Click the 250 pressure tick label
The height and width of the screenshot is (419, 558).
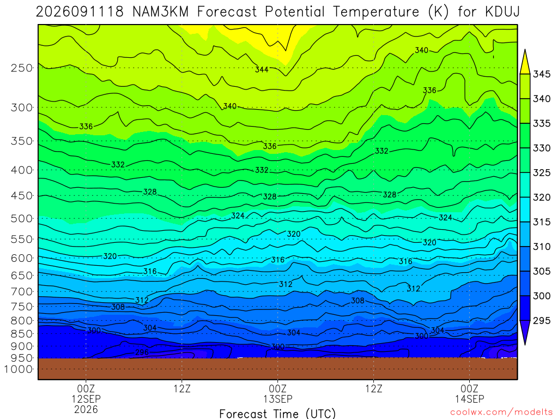click(x=22, y=68)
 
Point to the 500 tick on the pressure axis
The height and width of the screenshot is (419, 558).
click(x=22, y=218)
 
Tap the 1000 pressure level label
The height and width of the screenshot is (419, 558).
click(x=19, y=369)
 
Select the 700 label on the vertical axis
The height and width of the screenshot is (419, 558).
click(x=22, y=291)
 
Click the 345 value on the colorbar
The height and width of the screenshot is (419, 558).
click(x=541, y=74)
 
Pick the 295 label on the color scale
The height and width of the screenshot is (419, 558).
click(x=541, y=320)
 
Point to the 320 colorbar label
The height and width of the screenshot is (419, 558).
click(x=541, y=197)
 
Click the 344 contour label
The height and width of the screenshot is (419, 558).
click(x=262, y=69)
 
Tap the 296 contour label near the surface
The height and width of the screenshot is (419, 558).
click(x=142, y=352)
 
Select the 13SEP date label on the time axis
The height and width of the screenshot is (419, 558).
click(x=277, y=399)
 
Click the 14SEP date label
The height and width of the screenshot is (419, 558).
click(x=469, y=399)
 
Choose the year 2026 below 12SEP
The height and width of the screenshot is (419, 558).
click(x=86, y=409)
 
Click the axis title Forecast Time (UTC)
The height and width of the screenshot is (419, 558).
click(x=277, y=414)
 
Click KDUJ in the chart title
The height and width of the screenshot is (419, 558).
click(x=502, y=12)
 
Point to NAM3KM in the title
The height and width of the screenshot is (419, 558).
click(x=160, y=12)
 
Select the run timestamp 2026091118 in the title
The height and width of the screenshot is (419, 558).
click(x=80, y=12)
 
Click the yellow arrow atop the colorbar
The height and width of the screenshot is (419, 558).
click(x=525, y=62)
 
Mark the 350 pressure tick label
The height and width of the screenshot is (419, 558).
click(x=22, y=141)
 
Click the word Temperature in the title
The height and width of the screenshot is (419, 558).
click(x=376, y=12)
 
